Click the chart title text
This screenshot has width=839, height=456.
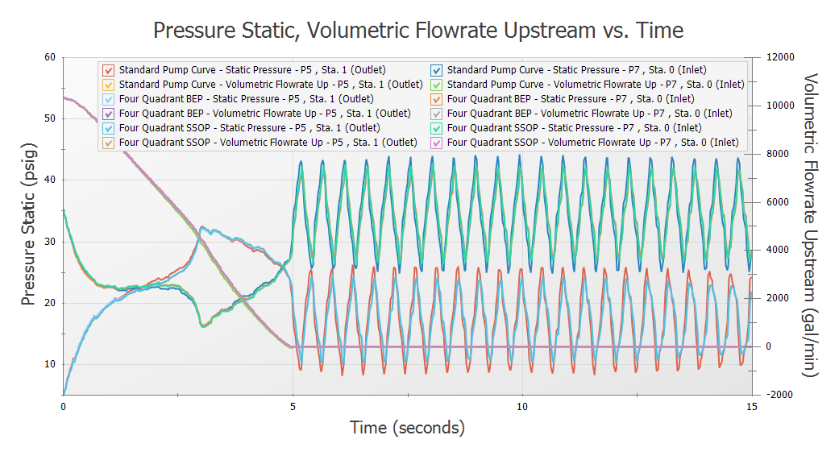click(x=418, y=31)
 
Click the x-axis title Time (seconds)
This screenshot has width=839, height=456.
click(x=407, y=427)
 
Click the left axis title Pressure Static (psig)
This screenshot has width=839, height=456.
click(x=29, y=226)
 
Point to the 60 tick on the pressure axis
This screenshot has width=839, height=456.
click(x=50, y=57)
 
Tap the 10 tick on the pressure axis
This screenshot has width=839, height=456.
click(x=50, y=364)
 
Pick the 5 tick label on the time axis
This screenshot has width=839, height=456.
click(x=293, y=407)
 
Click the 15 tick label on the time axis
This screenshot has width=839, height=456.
click(x=751, y=407)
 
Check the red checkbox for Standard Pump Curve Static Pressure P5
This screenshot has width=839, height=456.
click(x=109, y=69)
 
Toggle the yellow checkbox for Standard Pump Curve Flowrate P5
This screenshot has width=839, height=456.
click(x=109, y=84)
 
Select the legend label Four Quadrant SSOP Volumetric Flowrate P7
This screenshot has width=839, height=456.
click(x=592, y=142)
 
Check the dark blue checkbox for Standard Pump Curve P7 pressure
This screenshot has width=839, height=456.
click(x=436, y=69)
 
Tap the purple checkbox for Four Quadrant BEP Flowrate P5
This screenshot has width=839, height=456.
click(x=109, y=113)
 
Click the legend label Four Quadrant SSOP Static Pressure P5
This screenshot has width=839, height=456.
click(x=249, y=127)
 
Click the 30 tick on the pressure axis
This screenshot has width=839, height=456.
click(x=50, y=242)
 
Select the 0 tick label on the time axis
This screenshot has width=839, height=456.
click(x=63, y=407)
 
